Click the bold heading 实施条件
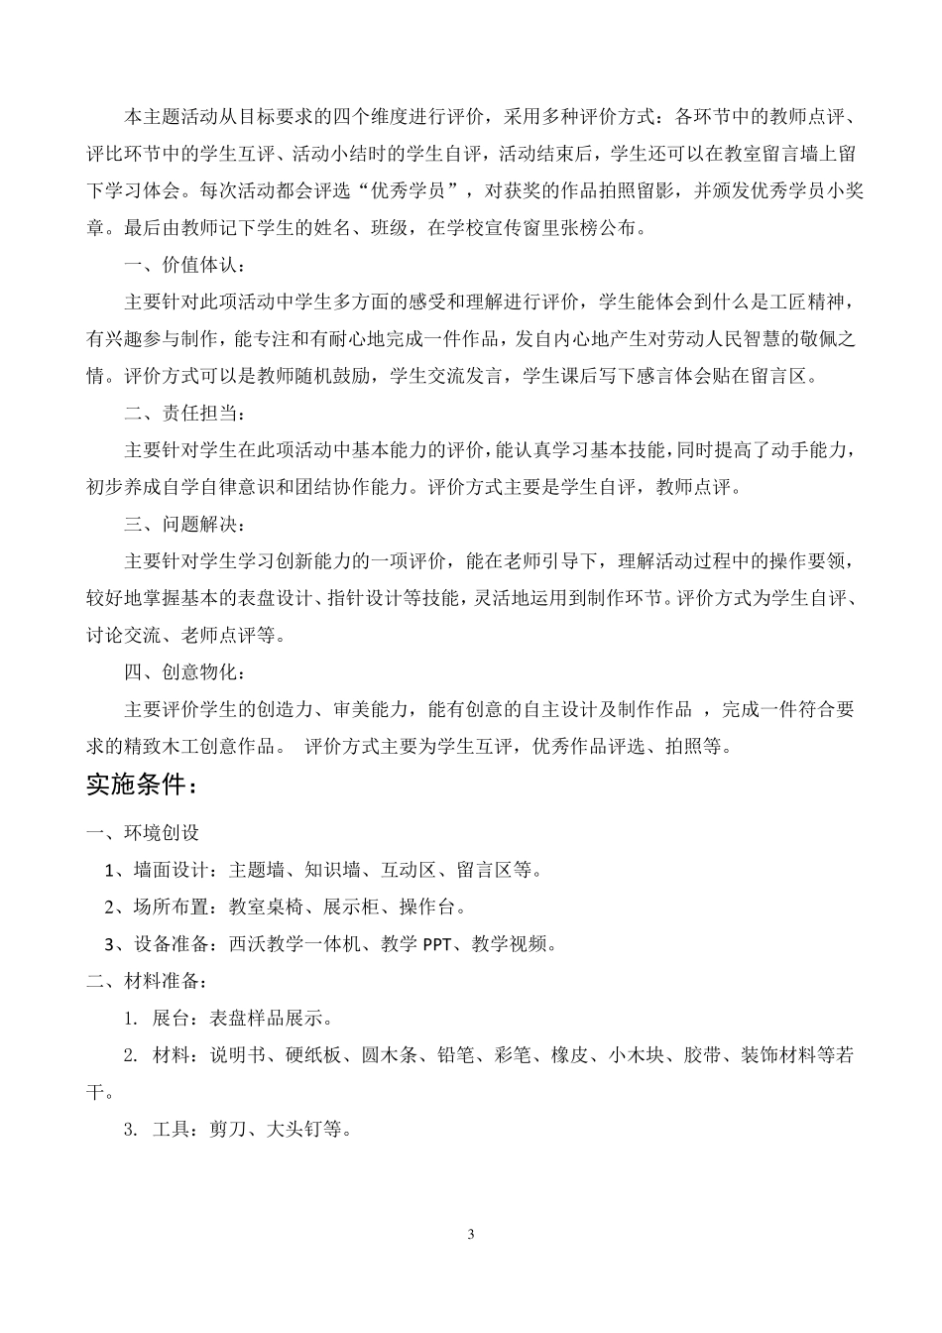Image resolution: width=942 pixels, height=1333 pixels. click(x=142, y=786)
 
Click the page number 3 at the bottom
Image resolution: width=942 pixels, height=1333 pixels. click(x=471, y=1235)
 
